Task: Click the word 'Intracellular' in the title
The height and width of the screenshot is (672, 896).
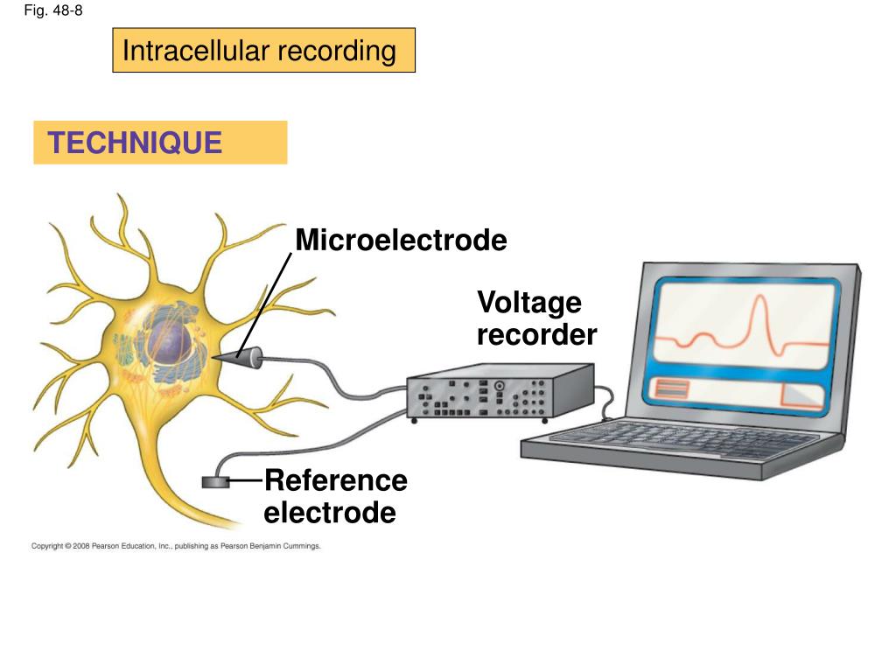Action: click(196, 51)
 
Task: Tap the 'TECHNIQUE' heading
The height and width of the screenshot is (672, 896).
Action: click(135, 143)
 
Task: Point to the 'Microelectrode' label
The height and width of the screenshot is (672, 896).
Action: click(401, 240)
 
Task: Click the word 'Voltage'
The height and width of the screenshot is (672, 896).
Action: click(528, 303)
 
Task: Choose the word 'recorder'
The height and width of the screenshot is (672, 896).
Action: click(536, 334)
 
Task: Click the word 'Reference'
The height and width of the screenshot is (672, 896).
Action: click(335, 480)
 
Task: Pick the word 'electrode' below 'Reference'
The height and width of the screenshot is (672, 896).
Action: click(330, 513)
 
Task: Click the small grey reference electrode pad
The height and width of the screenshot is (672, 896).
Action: click(215, 481)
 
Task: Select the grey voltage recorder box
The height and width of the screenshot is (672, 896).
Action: click(499, 393)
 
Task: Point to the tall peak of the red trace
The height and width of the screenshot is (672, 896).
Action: click(759, 302)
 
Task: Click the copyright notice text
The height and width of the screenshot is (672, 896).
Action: click(176, 546)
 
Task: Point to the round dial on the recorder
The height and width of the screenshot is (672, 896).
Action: click(499, 385)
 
